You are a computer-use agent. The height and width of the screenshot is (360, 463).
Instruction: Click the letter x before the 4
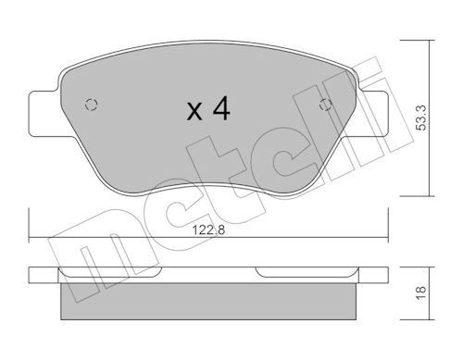point(194,113)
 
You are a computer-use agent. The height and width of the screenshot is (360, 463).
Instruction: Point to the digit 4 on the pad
point(220,110)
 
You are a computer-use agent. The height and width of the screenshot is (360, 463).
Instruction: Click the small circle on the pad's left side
point(90,104)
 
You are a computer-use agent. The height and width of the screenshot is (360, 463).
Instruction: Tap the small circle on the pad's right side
point(324,104)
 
